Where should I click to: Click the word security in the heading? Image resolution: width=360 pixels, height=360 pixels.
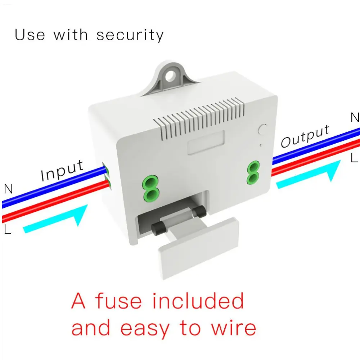coord(130,36)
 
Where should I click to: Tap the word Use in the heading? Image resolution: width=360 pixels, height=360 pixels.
coord(30,35)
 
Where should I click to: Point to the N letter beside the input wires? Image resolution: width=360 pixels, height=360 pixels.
coord(9,189)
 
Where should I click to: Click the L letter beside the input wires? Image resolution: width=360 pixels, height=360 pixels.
coord(8,229)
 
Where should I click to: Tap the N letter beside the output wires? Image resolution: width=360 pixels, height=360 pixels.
coord(355,118)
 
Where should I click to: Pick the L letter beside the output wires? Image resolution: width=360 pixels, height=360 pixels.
coord(354,158)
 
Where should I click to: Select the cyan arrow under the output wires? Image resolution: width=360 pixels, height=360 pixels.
coord(309,175)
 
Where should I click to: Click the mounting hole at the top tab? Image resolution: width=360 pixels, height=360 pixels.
coord(171,75)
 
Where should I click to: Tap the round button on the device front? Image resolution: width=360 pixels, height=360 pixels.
coord(263,130)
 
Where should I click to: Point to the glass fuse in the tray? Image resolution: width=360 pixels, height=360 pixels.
coord(179,220)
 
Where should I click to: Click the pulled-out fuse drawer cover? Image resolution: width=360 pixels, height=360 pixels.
coord(199,249)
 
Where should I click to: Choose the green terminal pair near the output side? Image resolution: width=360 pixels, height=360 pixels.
coord(253,173)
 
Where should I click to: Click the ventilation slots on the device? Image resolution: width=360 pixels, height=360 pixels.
coord(199,118)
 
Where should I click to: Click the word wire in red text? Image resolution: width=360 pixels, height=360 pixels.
coord(233,328)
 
